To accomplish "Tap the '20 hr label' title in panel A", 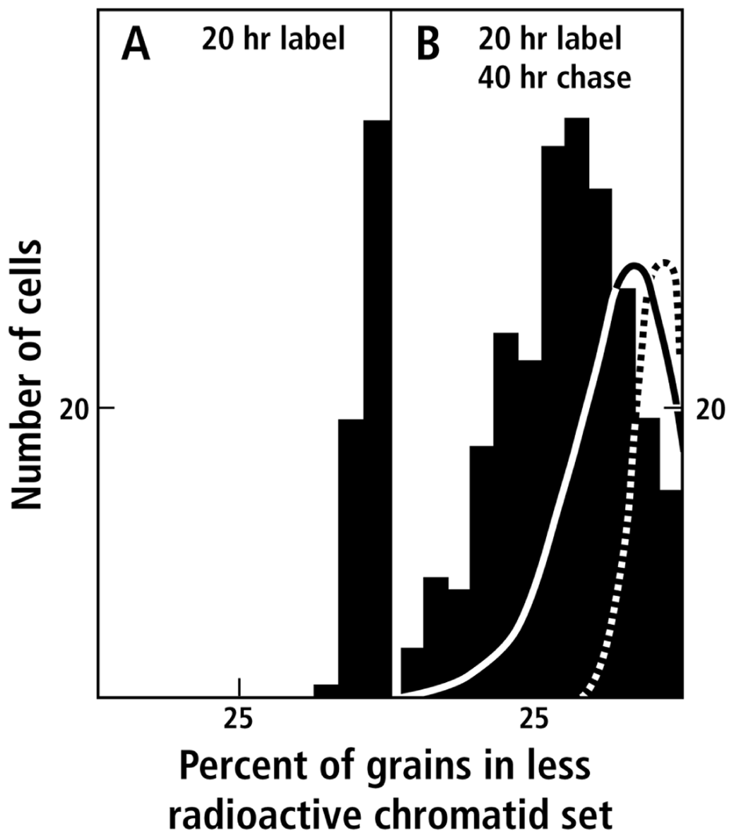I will click(274, 39).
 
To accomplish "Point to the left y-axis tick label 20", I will click(74, 410).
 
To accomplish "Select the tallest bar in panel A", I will click(377, 410).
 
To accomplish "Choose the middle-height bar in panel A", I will click(351, 557).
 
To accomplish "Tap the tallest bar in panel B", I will click(577, 410).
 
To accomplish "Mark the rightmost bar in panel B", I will click(671, 594).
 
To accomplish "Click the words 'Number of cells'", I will click(27, 375).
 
